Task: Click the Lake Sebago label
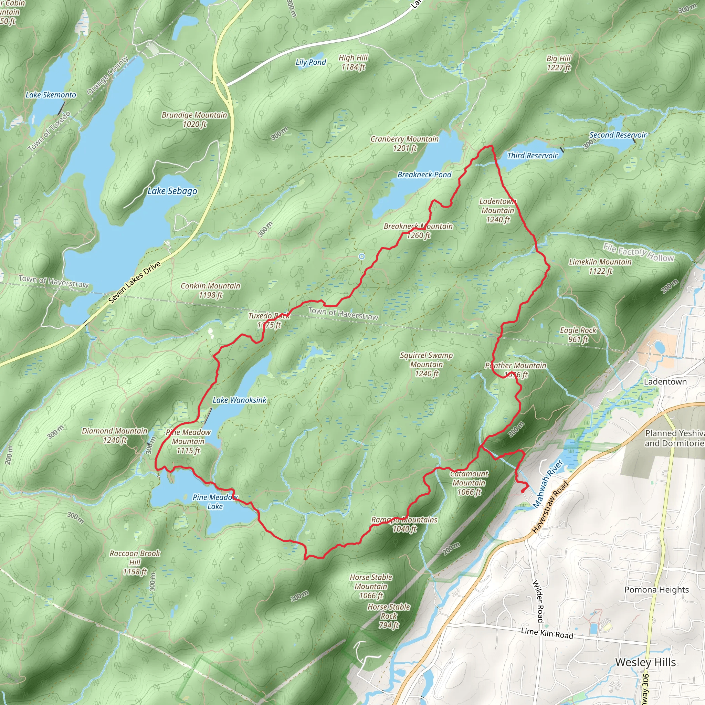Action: click(172, 191)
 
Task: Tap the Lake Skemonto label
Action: click(51, 95)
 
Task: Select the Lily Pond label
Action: click(311, 62)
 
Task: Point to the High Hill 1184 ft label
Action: click(353, 62)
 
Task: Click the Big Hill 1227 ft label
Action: click(558, 63)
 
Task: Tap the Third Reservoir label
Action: click(532, 156)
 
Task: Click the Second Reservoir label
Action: click(618, 135)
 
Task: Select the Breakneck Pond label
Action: click(424, 175)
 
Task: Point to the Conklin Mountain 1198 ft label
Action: click(211, 291)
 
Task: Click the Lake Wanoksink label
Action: click(239, 400)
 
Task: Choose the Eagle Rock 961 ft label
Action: click(578, 335)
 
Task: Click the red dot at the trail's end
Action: click(523, 491)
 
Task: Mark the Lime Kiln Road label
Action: click(547, 633)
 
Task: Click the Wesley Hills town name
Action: click(645, 662)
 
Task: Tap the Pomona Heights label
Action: click(656, 590)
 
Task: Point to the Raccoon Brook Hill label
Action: click(135, 562)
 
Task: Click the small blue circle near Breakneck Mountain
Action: click(362, 256)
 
